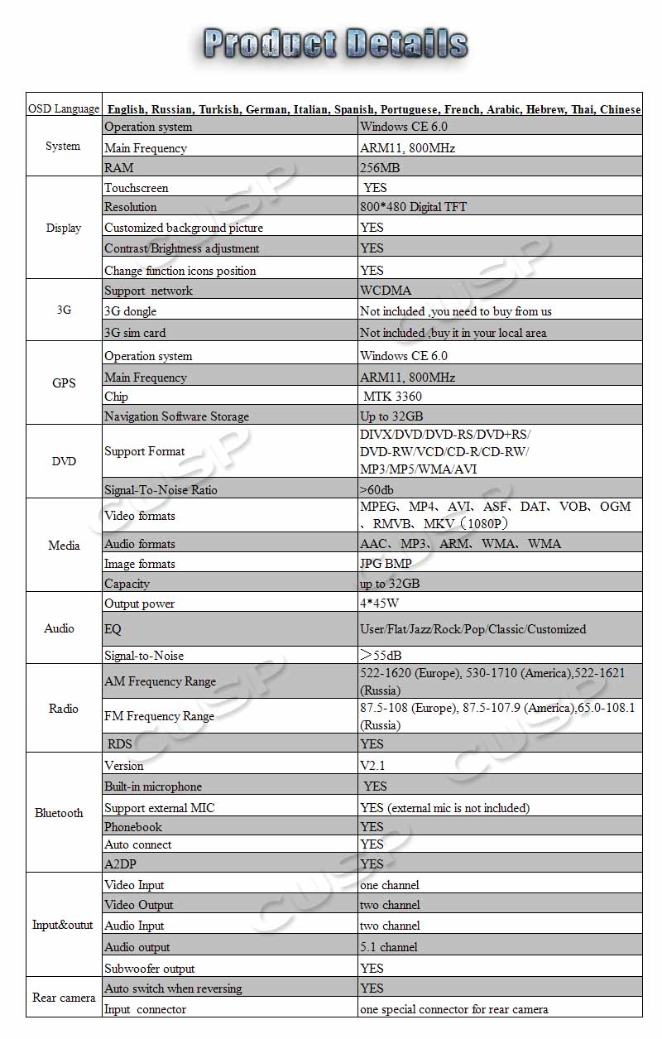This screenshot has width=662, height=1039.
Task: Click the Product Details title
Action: (x=335, y=43)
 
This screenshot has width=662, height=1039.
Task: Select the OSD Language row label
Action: (x=64, y=109)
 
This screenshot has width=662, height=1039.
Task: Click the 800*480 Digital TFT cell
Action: (x=413, y=207)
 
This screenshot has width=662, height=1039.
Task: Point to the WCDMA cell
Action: (x=386, y=291)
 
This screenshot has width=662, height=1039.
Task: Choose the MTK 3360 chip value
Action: (x=392, y=397)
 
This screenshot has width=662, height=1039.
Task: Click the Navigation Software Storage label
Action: (x=176, y=416)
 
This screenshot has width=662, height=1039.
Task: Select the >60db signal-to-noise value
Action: (x=377, y=490)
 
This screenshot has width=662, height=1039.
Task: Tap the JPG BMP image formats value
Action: (x=386, y=564)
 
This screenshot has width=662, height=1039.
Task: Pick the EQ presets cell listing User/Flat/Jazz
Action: (x=473, y=629)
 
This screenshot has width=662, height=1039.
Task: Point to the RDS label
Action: (x=119, y=743)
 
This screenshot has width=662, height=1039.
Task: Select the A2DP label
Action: (x=120, y=863)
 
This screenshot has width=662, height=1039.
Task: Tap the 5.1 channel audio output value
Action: (x=388, y=947)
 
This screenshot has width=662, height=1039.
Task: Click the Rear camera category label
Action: (x=64, y=998)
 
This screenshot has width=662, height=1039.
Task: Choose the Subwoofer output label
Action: (x=149, y=969)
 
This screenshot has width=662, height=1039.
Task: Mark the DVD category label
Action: (x=64, y=461)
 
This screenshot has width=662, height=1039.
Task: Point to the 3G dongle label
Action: (x=130, y=311)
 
